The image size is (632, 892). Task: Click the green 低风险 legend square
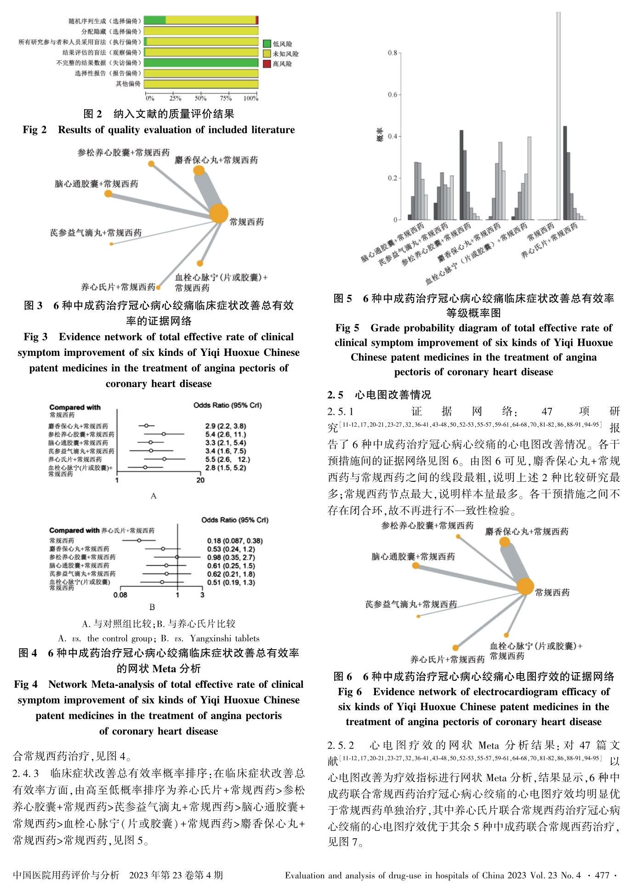pos(267,44)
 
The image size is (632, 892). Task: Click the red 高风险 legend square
pos(267,64)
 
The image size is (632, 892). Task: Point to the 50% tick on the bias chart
pos(200,98)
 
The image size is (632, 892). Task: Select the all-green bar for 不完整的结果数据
pos(201,63)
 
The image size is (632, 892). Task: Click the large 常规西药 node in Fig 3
pos(219,214)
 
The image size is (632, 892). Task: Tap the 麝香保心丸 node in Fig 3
pos(199,171)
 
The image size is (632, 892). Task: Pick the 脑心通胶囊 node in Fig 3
pos(108,194)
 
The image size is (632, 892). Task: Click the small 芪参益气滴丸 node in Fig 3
pos(111,244)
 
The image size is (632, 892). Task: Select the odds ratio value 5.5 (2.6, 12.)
pos(228,459)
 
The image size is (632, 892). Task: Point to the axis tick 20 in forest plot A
pos(200,480)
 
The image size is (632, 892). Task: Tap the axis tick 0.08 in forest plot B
pos(120,595)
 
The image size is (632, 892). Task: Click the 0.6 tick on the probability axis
pos(392,95)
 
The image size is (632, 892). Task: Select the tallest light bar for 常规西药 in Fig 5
pos(558,115)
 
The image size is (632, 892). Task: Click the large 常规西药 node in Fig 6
pos(525,587)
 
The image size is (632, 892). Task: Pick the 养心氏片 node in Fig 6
pos(455,648)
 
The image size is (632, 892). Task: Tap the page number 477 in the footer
pos(602,875)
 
